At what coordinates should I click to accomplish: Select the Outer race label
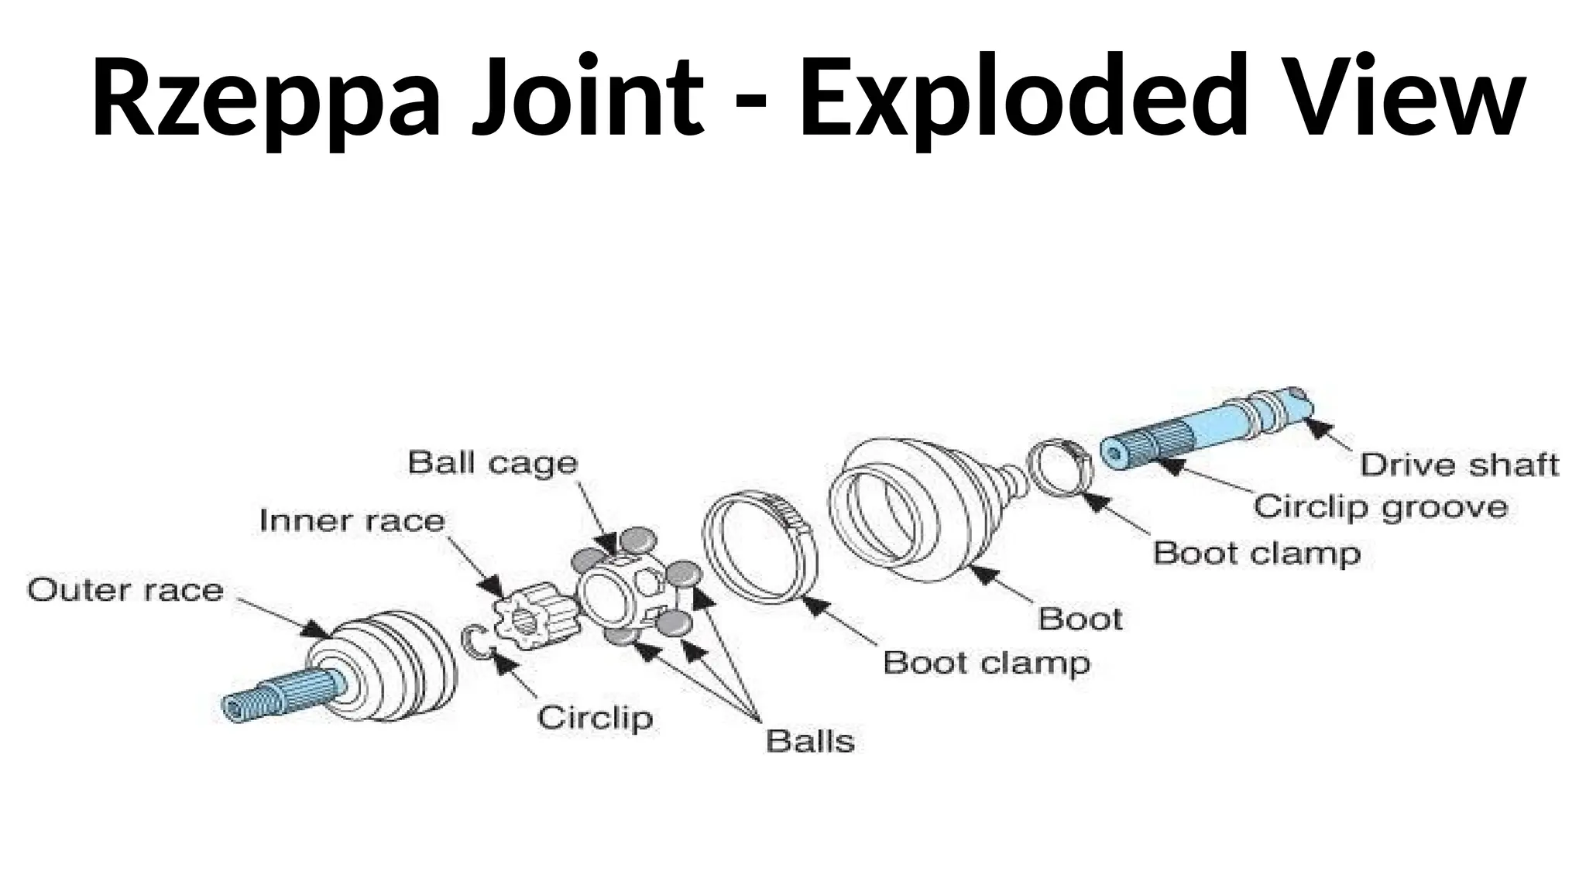click(125, 591)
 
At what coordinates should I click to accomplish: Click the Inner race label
click(352, 520)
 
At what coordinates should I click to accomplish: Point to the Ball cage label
click(493, 463)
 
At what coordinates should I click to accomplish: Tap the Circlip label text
click(595, 718)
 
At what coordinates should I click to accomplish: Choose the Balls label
click(810, 741)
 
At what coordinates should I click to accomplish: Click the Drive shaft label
click(1459, 465)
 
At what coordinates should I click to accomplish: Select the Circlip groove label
click(1381, 507)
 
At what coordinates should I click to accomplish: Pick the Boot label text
click(1080, 619)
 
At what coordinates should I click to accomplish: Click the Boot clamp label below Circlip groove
click(1256, 554)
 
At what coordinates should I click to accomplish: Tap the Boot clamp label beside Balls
click(987, 663)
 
